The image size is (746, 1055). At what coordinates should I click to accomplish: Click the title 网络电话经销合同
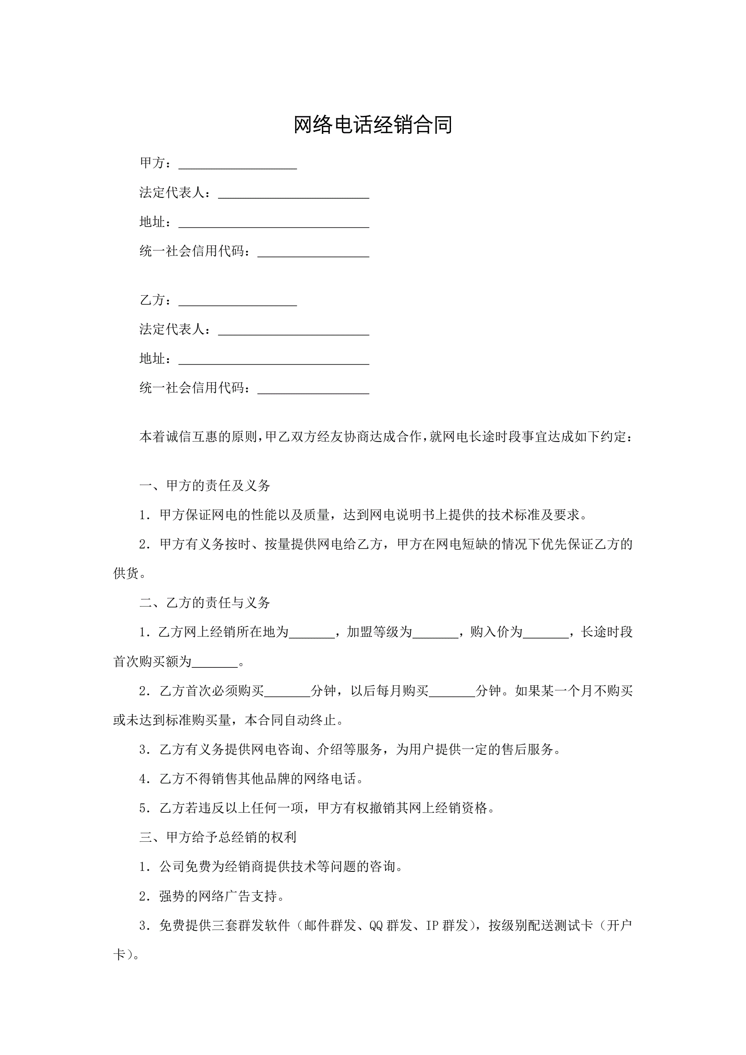coord(372,125)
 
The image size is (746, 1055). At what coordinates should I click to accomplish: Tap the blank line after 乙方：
coord(237,301)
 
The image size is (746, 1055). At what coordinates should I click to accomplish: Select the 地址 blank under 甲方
coord(274,223)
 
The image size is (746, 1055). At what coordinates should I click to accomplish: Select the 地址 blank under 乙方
coord(274,360)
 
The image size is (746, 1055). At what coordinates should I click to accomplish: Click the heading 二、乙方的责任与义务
coord(205,603)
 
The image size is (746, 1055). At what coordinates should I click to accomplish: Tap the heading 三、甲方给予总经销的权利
coord(218,837)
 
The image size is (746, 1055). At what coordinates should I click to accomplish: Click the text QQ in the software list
coord(376,925)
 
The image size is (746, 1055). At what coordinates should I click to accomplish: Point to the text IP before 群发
coord(432,925)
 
